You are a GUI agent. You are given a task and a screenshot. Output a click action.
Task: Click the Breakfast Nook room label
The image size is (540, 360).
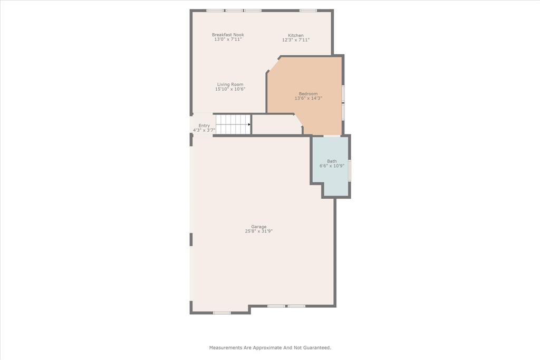point(228,35)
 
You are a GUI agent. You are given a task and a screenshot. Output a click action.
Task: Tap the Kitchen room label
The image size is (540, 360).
point(295,35)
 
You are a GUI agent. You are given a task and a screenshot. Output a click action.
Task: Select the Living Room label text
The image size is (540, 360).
point(230,84)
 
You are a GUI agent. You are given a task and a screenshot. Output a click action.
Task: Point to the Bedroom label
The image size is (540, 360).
point(308,94)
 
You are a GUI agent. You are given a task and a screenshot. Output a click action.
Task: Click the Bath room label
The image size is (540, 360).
point(332,161)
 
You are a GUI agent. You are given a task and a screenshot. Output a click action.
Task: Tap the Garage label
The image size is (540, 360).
point(258,227)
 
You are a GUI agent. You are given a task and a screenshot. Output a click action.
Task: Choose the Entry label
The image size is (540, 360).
point(204,125)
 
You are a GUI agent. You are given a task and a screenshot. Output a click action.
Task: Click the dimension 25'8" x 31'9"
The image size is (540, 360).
point(258,231)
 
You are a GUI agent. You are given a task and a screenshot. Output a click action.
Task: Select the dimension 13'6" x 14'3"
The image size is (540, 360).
point(308,99)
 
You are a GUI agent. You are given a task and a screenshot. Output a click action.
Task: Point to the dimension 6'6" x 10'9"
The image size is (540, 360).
point(332,166)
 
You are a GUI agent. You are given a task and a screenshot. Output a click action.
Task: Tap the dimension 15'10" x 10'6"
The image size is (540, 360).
point(230,89)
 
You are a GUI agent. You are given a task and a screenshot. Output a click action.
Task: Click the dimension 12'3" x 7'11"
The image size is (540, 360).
point(295,40)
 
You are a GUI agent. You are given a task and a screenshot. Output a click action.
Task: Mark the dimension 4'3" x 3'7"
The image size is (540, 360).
point(204,130)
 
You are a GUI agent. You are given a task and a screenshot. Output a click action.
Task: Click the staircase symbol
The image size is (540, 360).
point(233,125)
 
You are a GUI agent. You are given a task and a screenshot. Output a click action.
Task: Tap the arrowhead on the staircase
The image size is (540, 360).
point(249,125)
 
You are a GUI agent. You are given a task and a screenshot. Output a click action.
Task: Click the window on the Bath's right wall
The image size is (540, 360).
point(349,170)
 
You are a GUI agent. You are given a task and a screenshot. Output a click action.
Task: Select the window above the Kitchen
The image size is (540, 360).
point(308,11)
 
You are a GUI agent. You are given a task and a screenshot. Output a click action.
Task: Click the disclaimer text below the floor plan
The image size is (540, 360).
point(270,347)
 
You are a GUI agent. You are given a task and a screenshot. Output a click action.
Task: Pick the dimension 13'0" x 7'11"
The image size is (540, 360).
point(228,40)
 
